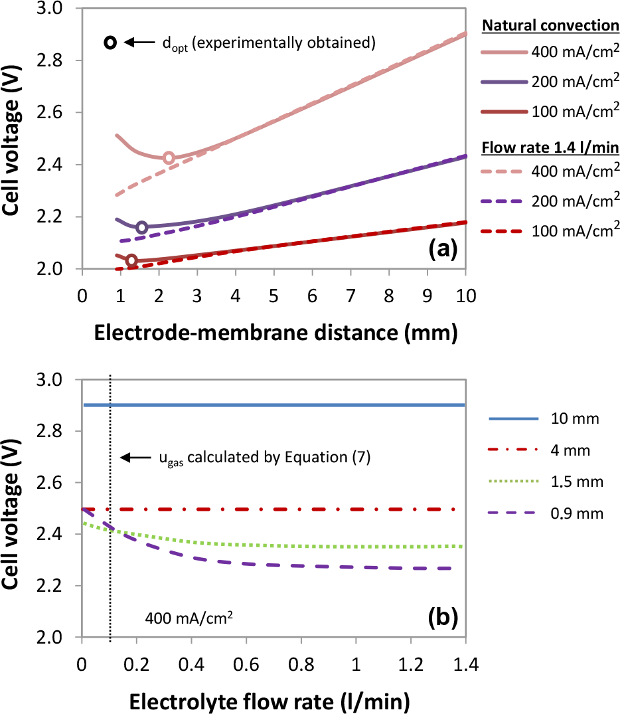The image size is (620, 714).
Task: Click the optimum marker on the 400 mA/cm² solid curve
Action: tap(169, 157)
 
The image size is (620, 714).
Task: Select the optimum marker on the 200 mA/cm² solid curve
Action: tap(141, 228)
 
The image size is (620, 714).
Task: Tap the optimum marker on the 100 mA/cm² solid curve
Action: tap(131, 260)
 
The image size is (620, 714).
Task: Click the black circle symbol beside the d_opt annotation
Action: tap(111, 43)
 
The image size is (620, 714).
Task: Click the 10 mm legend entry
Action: tap(541, 419)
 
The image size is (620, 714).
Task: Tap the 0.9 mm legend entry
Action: tap(541, 512)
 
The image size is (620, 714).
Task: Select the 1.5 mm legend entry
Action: tap(541, 482)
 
